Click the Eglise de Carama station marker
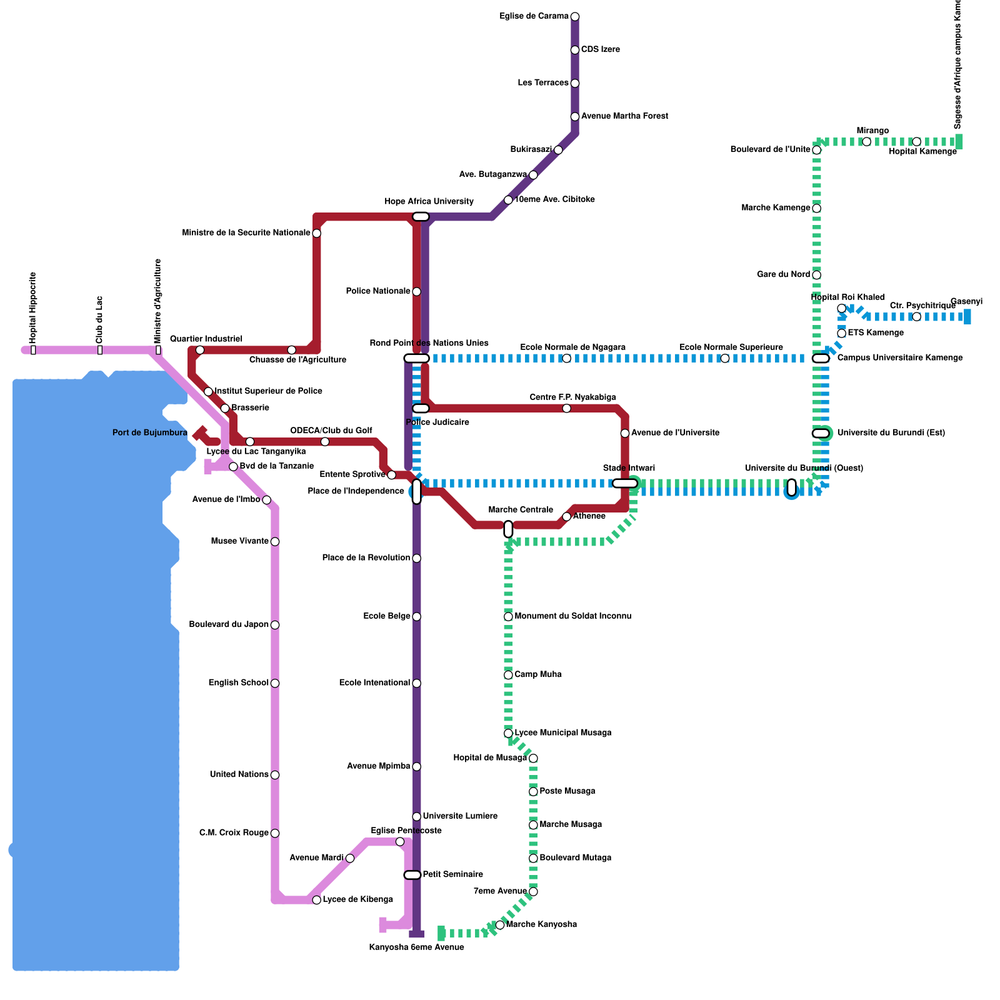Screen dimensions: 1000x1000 coord(575,16)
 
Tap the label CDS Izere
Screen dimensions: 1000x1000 coord(600,49)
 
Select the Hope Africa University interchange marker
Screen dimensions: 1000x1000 coord(421,217)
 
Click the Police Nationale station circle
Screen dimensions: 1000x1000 coord(416,292)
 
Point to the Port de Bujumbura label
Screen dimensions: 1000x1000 coord(150,433)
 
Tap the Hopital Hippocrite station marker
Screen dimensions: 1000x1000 coord(33,350)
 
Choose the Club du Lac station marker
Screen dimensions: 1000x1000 coord(100,350)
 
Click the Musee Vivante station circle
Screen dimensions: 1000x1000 coord(275,541)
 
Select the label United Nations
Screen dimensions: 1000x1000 coord(239,775)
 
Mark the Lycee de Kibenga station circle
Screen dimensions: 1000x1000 coord(317,900)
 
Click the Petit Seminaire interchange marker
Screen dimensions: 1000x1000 coord(412,875)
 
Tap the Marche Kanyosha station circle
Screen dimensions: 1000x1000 coord(500,925)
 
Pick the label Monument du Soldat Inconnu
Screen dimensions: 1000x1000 coord(572,616)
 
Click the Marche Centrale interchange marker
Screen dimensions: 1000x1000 coord(508,529)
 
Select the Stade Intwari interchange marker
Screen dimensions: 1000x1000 coord(625,483)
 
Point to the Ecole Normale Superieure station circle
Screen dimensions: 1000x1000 coord(725,358)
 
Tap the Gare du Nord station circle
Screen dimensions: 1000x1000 coord(816,275)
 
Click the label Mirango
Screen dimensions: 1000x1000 coord(872,131)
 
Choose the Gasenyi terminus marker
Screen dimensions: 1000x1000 coord(967,317)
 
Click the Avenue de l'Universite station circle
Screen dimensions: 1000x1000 coord(625,433)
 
